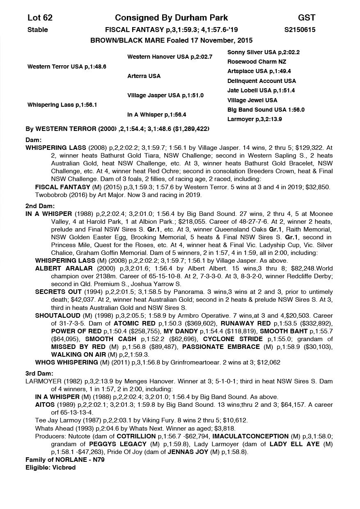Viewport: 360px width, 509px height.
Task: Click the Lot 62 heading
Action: click(x=40, y=18)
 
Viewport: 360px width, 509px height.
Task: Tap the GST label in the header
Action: click(x=307, y=18)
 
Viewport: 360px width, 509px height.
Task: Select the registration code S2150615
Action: click(x=300, y=30)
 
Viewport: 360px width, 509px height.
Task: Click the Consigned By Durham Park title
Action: click(x=171, y=18)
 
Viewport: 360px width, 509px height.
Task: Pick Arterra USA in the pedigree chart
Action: click(x=144, y=76)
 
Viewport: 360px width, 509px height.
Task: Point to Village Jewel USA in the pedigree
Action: click(x=252, y=100)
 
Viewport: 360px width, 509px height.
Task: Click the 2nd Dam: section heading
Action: click(x=40, y=206)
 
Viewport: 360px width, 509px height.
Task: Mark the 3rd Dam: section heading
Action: click(x=40, y=373)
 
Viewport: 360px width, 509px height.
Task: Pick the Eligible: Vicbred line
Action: click(x=50, y=468)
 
